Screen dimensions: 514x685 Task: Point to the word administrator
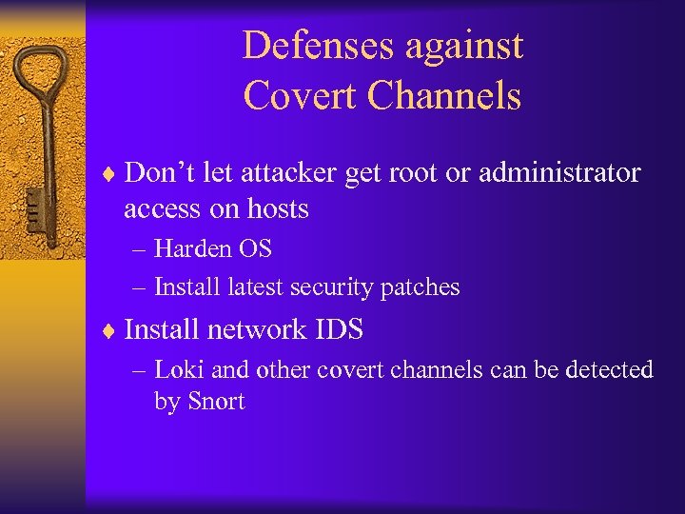click(559, 173)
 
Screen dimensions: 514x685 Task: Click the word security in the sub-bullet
click(332, 287)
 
